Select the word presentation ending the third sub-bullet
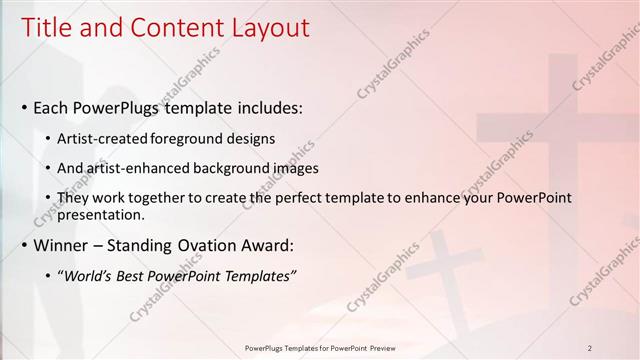pos(103,214)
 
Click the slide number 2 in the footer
pos(590,348)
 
